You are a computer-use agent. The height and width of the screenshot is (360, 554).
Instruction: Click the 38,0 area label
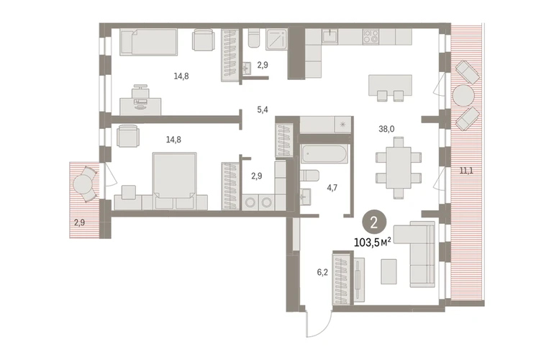(386, 129)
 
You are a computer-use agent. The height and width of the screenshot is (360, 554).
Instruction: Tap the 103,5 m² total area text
(373, 242)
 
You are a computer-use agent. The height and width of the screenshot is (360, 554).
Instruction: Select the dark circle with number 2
(374, 222)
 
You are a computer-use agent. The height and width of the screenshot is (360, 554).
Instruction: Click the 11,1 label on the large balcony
(466, 171)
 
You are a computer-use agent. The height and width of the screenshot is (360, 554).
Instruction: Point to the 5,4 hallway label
(263, 109)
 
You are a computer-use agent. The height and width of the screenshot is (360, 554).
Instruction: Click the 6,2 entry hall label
(322, 272)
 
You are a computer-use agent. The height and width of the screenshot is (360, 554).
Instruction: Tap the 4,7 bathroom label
(332, 187)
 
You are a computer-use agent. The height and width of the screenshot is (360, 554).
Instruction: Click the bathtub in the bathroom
(324, 153)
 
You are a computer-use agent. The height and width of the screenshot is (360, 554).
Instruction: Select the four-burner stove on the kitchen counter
(371, 37)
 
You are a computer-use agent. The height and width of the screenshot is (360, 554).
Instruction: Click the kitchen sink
(330, 36)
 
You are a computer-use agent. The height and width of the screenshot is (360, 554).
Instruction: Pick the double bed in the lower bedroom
(175, 180)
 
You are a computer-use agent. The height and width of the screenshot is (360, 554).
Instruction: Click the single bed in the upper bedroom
(148, 42)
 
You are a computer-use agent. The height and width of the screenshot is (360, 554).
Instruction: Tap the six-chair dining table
(398, 168)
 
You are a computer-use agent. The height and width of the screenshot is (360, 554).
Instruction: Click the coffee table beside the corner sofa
(389, 271)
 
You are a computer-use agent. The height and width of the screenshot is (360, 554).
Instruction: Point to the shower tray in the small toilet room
(276, 38)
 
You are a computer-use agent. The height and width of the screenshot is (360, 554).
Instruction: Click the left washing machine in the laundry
(250, 202)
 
